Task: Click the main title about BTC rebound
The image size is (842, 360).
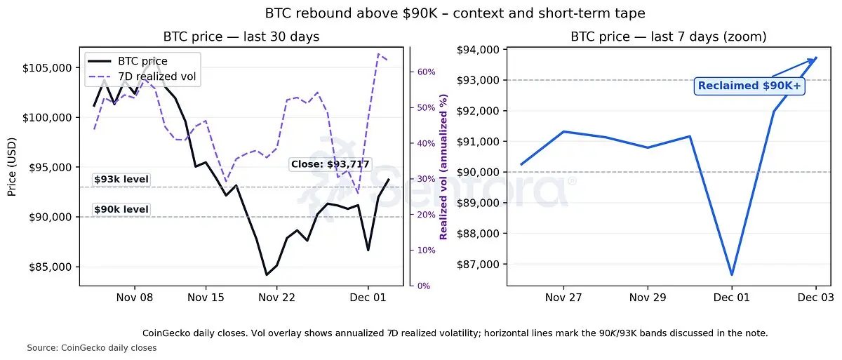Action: tap(420, 13)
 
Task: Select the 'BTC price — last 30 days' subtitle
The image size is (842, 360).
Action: tap(241, 36)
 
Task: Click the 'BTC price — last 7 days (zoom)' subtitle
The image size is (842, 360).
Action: tap(668, 36)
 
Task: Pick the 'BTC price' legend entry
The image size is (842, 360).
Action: tap(142, 61)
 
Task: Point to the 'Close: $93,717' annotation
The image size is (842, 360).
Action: tap(330, 164)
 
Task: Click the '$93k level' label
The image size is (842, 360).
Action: tap(121, 180)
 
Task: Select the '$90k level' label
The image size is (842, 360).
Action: tap(121, 209)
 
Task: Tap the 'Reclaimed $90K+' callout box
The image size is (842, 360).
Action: tap(749, 86)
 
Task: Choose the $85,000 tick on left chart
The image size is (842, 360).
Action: tap(53, 267)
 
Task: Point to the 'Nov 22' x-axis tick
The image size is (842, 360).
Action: tap(276, 298)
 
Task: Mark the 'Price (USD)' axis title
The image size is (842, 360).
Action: tap(12, 167)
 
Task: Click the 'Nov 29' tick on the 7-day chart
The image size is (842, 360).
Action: tap(648, 298)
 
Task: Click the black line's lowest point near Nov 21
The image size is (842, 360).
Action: tap(266, 274)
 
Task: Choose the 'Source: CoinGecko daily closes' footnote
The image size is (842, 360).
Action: tap(91, 348)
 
